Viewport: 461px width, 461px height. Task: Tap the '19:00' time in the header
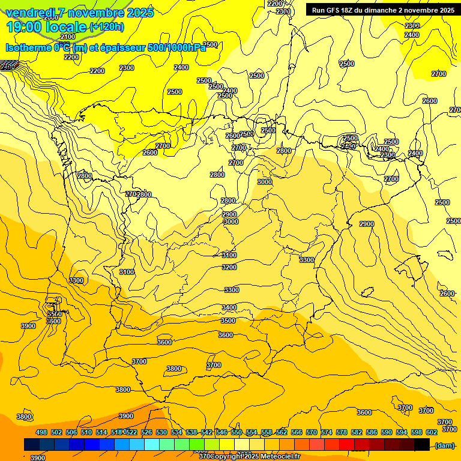(23, 27)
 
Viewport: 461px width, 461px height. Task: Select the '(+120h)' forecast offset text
(107, 27)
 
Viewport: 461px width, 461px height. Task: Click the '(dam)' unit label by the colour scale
(444, 445)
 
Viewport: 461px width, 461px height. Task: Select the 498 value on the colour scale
(41, 432)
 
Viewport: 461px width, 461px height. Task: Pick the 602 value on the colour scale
(432, 432)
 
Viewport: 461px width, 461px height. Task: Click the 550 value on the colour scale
(237, 432)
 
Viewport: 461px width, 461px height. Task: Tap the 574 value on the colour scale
(327, 432)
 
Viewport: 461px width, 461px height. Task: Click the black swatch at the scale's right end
(422, 445)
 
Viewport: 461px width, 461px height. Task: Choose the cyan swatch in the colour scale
(152, 445)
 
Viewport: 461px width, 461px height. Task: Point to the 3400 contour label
(229, 307)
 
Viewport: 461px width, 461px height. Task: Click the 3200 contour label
(229, 267)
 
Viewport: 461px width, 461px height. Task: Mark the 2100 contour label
(68, 37)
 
